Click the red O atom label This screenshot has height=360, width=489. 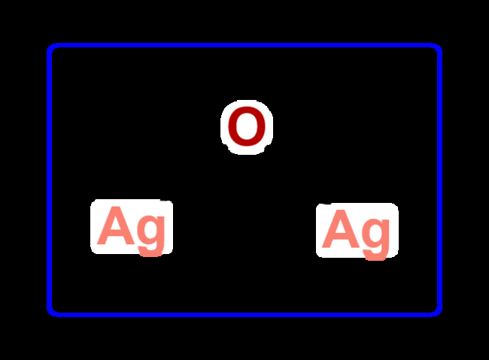247,127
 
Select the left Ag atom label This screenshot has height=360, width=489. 132,226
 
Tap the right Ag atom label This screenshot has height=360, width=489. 357,230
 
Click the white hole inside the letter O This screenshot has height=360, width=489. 247,127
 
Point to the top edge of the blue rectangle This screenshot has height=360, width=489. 244,46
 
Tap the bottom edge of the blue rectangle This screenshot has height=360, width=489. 244,313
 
